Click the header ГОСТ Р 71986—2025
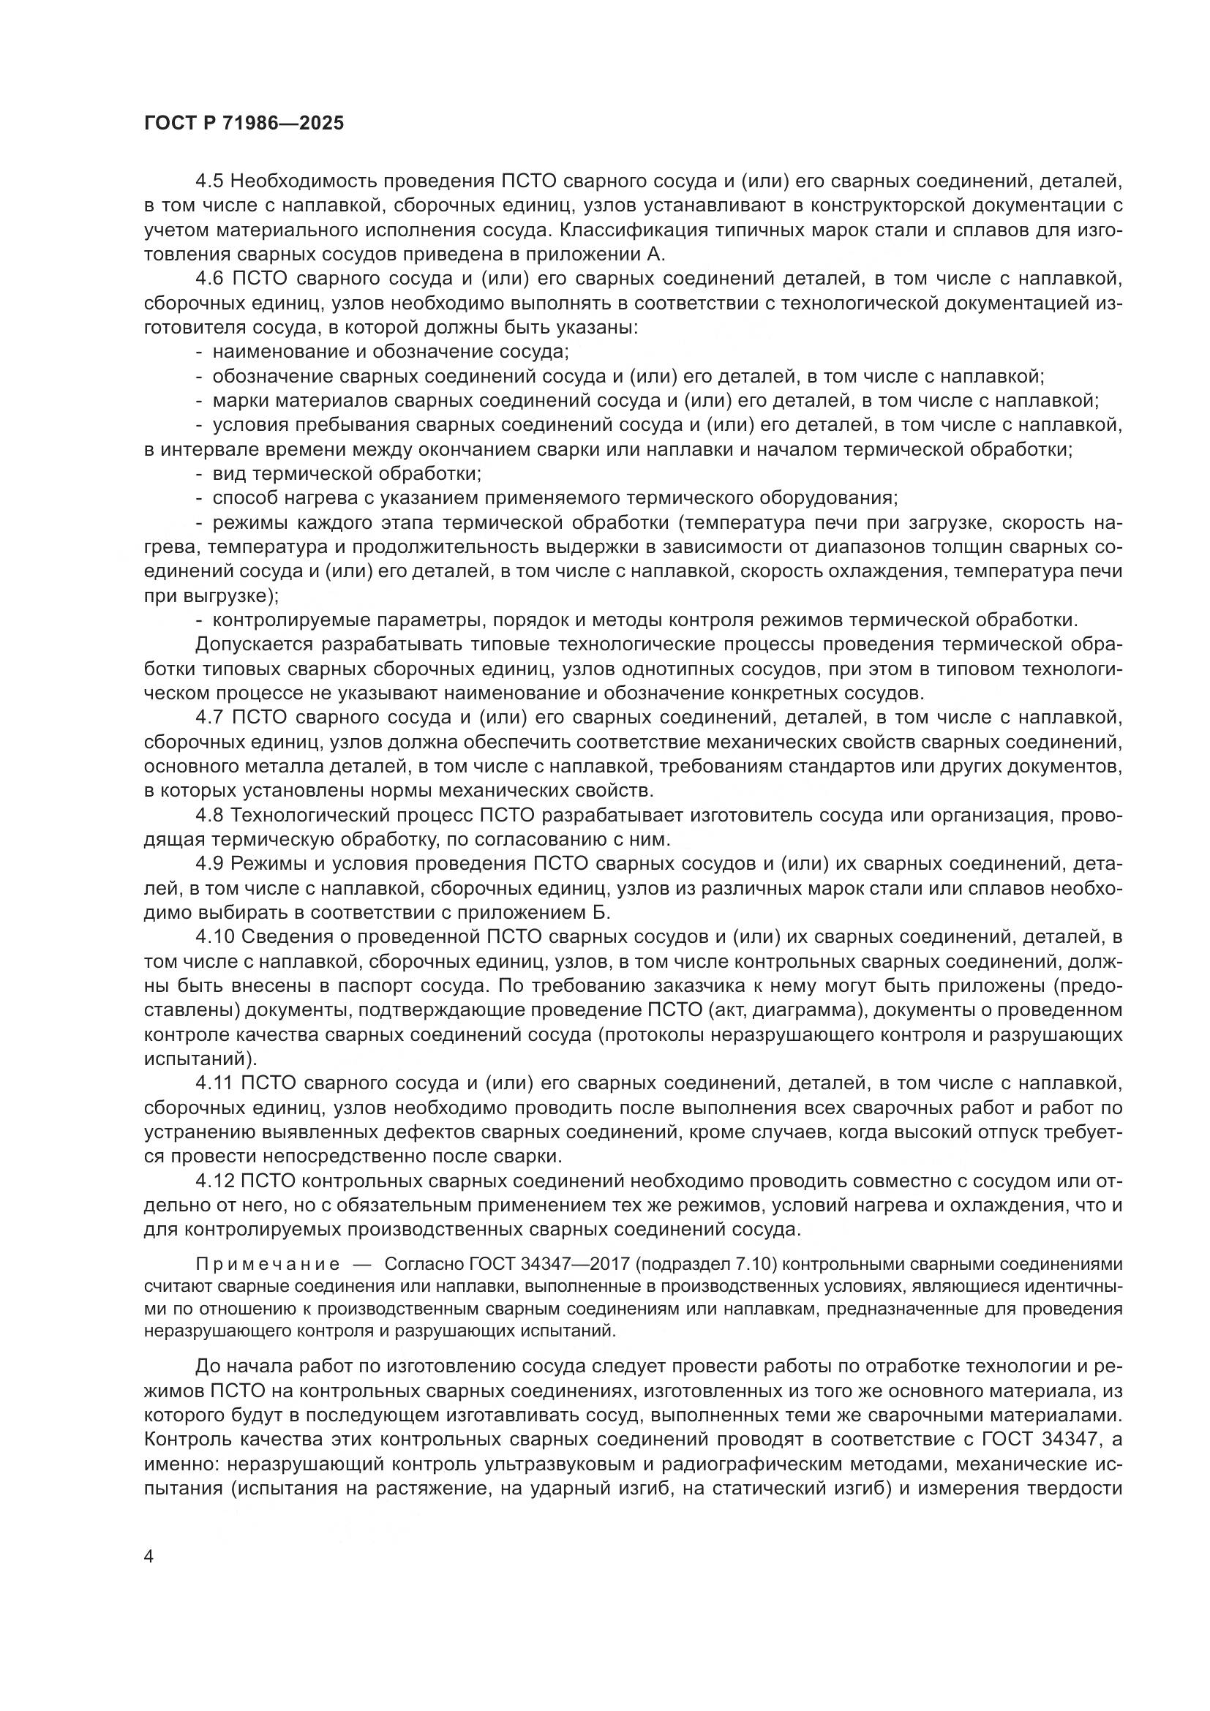[x=244, y=124]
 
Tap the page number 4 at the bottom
[x=149, y=1557]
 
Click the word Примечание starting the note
[x=268, y=1264]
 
